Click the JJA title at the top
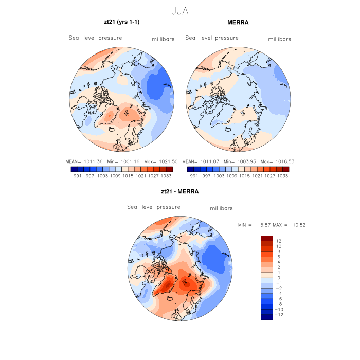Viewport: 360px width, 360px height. pyautogui.click(x=180, y=10)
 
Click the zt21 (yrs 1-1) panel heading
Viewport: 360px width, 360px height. pyautogui.click(x=122, y=22)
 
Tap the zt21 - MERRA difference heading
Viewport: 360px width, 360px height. pyautogui.click(x=180, y=191)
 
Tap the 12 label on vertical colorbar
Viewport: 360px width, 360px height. pyautogui.click(x=278, y=241)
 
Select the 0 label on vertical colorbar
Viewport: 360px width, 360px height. pyautogui.click(x=278, y=278)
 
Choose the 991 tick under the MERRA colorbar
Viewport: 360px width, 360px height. pyautogui.click(x=194, y=176)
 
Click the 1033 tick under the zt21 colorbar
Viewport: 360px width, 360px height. pyautogui.click(x=167, y=176)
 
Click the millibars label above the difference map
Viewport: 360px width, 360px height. pyautogui.click(x=222, y=208)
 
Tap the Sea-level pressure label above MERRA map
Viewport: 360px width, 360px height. pyautogui.click(x=212, y=38)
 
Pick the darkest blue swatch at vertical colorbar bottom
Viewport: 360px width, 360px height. pyautogui.click(x=266, y=317)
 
